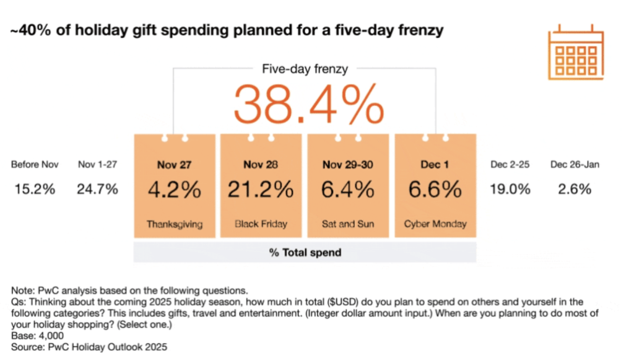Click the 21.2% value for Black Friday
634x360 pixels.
[261, 189]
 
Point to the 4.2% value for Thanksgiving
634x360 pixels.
[175, 189]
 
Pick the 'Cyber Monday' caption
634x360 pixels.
[435, 224]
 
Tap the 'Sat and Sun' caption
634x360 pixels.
[348, 224]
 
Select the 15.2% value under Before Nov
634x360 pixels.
[35, 189]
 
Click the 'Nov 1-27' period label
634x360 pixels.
[98, 164]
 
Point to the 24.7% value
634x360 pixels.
[98, 189]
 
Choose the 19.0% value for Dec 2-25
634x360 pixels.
[510, 189]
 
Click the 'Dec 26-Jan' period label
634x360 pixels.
[575, 164]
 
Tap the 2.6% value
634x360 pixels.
[575, 189]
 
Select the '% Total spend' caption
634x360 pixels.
[305, 253]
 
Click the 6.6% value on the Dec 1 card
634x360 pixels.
[435, 189]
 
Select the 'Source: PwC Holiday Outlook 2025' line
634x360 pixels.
[89, 348]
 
